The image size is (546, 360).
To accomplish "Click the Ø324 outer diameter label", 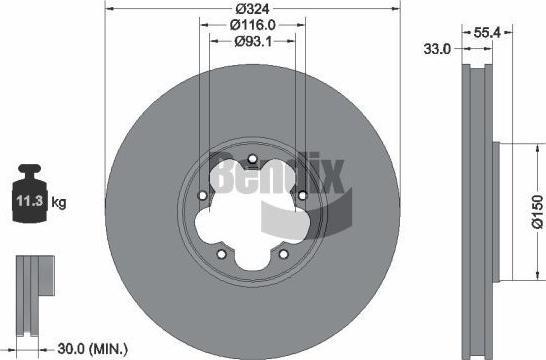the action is (x=252, y=9).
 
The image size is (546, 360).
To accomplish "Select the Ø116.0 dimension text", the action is (x=253, y=25).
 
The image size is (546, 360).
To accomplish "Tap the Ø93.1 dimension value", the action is (x=253, y=42).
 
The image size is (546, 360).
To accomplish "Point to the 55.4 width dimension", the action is (x=487, y=33).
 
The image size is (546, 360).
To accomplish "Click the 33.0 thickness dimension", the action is (x=437, y=49).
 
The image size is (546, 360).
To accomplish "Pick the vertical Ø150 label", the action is (x=538, y=212).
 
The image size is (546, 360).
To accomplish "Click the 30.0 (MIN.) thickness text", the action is (x=93, y=349).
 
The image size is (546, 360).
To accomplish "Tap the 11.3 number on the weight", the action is (x=30, y=201).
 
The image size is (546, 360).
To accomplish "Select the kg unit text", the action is (x=59, y=202).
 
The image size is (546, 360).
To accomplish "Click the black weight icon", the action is (x=30, y=193).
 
